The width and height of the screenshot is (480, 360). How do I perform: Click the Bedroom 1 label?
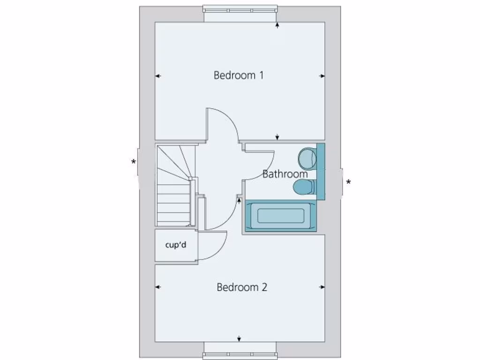point(238,75)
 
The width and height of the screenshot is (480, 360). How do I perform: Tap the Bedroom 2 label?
point(241,287)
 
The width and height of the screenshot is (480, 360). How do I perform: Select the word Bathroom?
point(285,174)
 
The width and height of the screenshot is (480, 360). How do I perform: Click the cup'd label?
point(176,245)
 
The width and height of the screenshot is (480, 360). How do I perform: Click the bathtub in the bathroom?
point(280,216)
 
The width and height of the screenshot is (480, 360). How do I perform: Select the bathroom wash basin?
point(307,158)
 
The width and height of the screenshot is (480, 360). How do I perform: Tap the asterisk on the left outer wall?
point(134,162)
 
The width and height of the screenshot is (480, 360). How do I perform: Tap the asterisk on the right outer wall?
point(348,182)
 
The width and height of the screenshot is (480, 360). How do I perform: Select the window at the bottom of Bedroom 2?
point(240,354)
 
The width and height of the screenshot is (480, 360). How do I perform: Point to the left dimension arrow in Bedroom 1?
point(158,75)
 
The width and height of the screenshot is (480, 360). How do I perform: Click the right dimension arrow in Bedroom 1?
point(322,75)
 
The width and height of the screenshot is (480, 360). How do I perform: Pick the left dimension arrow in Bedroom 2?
point(158,287)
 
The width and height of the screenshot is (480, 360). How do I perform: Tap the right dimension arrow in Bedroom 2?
point(322,287)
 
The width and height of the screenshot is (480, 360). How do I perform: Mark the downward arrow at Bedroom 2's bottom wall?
point(239,338)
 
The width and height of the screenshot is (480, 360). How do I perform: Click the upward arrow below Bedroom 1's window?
point(277,25)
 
